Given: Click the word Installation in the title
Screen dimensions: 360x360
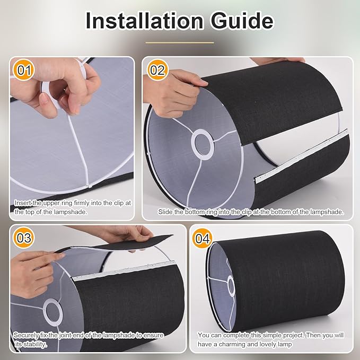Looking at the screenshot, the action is (144, 21).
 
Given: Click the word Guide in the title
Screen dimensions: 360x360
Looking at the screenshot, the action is (242, 21).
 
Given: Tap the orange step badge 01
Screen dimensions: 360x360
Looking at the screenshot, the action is (24, 70).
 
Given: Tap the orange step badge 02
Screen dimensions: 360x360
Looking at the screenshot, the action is (157, 70).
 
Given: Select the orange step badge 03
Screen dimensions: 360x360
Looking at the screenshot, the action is (24, 238).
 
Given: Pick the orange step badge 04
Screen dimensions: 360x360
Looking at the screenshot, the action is (203, 238).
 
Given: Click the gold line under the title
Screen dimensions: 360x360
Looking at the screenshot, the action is (180, 42).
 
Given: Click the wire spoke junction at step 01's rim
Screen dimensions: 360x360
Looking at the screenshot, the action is (88, 186).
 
